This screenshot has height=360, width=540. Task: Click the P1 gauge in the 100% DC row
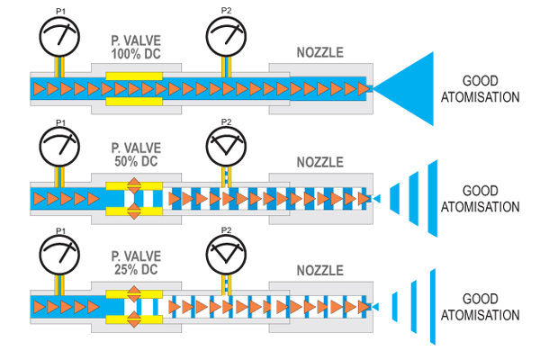(x=60, y=35)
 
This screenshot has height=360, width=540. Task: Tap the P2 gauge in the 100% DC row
(x=226, y=35)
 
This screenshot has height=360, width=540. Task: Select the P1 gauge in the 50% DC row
(x=60, y=145)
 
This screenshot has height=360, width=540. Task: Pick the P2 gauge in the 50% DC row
(x=226, y=145)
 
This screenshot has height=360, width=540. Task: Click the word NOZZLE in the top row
(x=319, y=53)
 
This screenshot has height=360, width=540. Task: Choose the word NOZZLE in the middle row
(x=319, y=163)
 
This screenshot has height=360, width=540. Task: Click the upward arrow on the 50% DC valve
(x=134, y=184)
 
